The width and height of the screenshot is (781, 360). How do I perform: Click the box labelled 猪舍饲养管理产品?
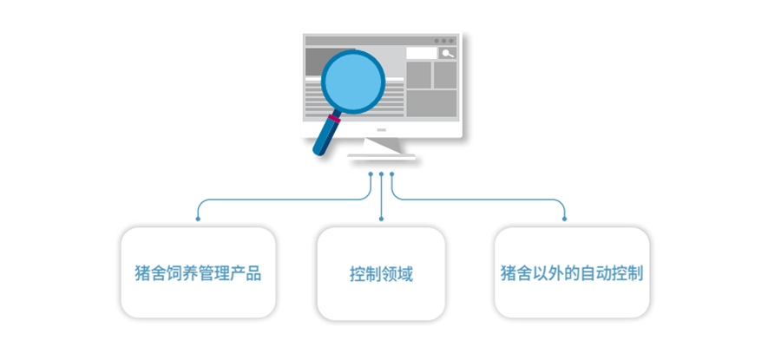tap(198, 273)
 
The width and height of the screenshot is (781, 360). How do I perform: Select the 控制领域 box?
tap(381, 274)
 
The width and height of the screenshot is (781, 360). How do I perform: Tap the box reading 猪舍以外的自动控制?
tap(572, 273)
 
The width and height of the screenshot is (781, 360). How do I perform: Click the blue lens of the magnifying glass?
tap(353, 82)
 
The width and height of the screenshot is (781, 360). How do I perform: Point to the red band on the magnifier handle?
tap(335, 119)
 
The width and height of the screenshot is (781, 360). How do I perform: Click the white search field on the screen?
tap(422, 53)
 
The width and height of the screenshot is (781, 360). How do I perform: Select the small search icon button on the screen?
tap(448, 53)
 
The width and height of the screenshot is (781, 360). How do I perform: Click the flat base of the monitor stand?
tap(382, 157)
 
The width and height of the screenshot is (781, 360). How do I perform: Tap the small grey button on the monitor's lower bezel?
tap(382, 130)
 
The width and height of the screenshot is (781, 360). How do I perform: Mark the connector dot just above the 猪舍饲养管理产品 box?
tap(198, 219)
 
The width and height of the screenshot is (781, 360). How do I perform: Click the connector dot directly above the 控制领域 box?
tap(381, 219)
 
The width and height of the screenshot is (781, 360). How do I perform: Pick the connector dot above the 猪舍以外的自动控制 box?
tap(564, 219)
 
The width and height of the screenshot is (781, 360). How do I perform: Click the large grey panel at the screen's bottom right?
tap(432, 103)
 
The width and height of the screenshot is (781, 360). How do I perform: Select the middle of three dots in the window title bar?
tap(443, 41)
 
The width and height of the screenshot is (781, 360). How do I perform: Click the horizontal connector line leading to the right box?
tap(478, 200)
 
